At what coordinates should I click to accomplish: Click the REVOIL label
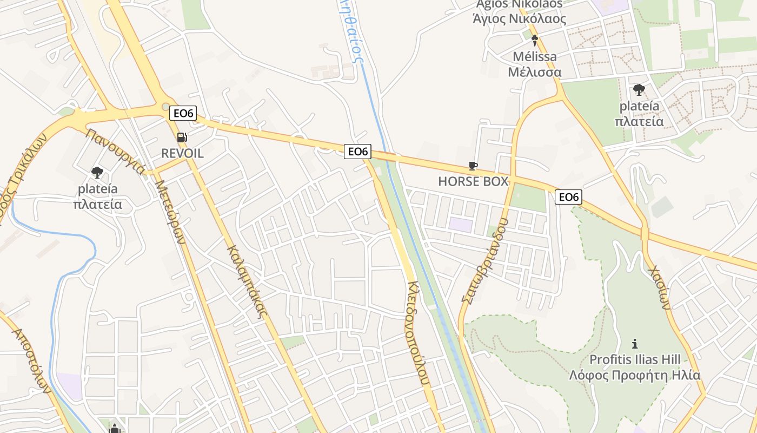coord(182,153)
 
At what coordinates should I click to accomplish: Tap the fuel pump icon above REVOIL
coord(182,138)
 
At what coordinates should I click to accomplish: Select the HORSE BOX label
coord(473,181)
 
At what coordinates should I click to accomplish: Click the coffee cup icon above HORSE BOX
coord(473,166)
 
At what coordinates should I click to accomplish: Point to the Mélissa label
coord(534,56)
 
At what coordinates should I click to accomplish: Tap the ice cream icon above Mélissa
coord(535,40)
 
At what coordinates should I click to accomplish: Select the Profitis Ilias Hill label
coord(635,359)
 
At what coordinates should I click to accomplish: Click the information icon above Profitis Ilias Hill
coord(635,344)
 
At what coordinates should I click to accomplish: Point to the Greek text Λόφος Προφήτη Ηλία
coord(635,375)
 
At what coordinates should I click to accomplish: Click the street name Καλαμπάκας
coord(248,281)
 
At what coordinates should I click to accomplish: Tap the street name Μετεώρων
coord(171,211)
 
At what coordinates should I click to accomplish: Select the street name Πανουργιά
coord(115,152)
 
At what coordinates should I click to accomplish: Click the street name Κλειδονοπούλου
coord(419,332)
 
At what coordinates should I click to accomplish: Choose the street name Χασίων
coord(660,287)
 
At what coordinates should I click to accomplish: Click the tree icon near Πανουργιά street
coord(97,173)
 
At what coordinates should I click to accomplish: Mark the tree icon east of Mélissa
coord(639,90)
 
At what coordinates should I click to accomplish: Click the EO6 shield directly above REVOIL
coord(183,113)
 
